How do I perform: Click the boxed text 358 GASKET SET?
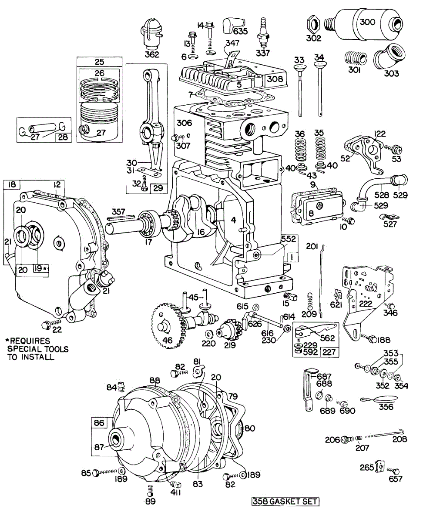click(285, 502)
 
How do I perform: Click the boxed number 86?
click(99, 422)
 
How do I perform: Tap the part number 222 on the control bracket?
click(366, 304)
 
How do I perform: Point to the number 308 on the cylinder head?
click(275, 79)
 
